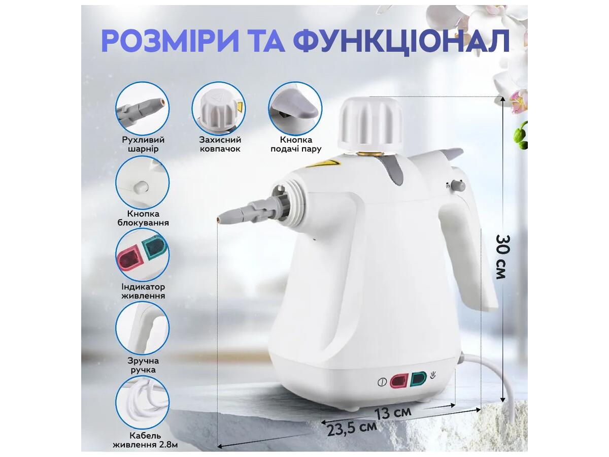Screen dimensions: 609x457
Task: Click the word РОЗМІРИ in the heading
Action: coord(170,41)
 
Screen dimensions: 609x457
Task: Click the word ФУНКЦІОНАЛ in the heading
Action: coord(401,42)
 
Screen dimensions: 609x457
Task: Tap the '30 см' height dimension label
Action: coord(503,256)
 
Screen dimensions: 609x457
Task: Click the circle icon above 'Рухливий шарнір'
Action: coord(142,109)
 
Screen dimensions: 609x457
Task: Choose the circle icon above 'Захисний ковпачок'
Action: coord(219,109)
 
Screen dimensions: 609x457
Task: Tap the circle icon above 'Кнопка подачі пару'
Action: coord(295,109)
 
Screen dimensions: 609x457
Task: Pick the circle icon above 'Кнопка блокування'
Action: coord(142,183)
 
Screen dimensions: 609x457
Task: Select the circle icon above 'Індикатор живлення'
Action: coord(142,255)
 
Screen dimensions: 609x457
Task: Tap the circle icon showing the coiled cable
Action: coord(142,403)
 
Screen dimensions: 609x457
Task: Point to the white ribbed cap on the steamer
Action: coord(370,124)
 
